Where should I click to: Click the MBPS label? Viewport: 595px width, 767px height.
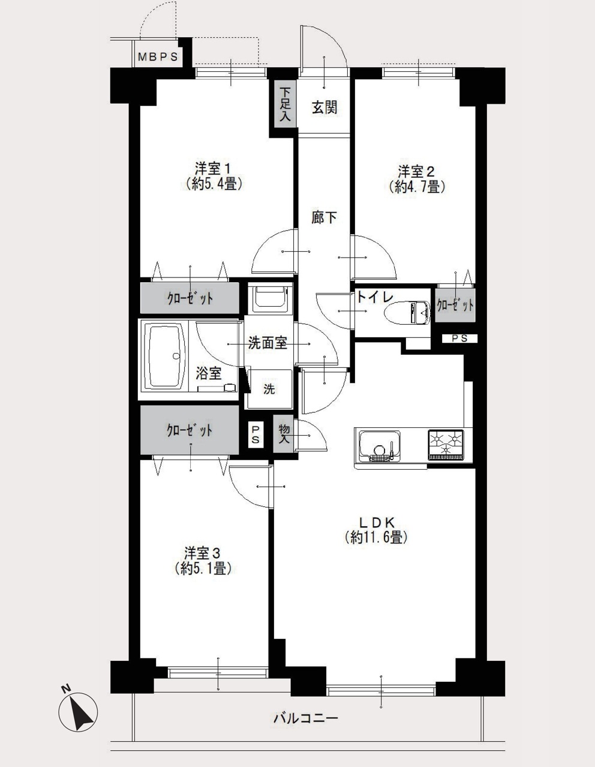coord(158,57)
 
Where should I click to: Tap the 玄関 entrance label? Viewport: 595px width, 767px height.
coord(324,107)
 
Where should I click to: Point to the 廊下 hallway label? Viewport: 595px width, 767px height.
coord(324,218)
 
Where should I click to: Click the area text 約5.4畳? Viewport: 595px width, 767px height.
coord(213,184)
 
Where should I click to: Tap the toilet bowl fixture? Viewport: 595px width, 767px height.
coord(407,313)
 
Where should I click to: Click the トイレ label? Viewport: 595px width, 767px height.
coord(375,297)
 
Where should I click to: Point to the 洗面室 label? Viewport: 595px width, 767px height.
coord(268,343)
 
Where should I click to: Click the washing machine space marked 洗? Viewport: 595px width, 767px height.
coord(269,389)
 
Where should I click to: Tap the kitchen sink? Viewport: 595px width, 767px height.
coord(380,446)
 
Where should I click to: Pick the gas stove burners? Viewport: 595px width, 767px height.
coord(446,445)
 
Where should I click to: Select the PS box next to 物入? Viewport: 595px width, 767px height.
coord(256,435)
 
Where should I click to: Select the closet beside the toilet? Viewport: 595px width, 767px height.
coord(455,305)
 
